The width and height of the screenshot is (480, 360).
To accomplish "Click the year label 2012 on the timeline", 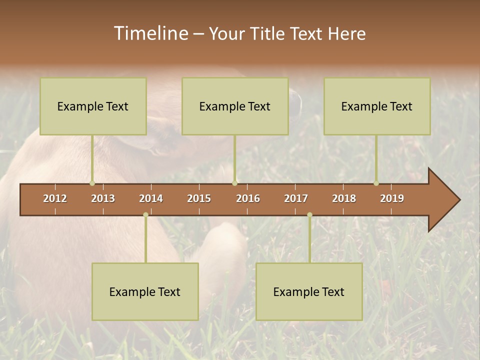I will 55,198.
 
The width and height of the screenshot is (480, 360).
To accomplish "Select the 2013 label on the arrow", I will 103,198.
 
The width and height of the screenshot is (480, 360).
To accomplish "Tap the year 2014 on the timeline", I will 151,198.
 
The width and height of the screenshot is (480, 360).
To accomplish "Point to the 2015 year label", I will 199,198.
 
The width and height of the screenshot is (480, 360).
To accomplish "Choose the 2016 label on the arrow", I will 248,198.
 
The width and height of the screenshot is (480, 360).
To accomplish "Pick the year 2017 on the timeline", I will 296,198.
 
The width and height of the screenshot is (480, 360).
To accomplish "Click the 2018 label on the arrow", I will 344,198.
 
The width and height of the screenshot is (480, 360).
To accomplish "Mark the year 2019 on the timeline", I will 392,198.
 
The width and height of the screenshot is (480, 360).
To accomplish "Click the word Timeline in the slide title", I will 150,33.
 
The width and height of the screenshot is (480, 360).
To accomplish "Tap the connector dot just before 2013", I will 92,183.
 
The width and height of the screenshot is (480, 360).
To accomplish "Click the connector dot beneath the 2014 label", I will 145,215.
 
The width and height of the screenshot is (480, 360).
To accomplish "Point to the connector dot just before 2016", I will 234,183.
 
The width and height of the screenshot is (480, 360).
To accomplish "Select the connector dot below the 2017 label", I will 309,215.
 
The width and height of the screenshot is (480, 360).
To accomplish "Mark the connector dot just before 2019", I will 376,183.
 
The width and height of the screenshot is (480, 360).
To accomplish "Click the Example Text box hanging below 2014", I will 145,291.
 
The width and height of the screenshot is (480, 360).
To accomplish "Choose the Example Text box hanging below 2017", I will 309,291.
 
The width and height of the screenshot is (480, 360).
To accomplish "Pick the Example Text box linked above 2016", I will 235,106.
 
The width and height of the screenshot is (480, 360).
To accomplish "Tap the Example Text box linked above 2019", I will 377,106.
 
